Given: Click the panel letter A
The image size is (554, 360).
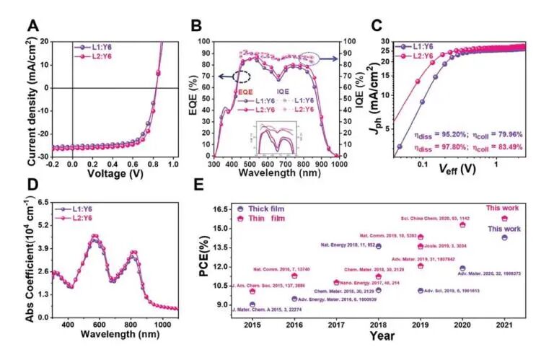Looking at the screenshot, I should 32,26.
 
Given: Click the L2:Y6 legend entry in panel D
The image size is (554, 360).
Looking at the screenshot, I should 90,216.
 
